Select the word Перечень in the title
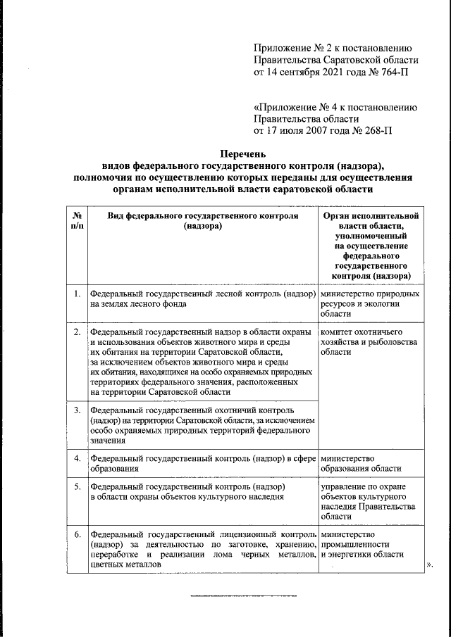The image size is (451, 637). [244, 153]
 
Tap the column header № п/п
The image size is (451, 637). [77, 222]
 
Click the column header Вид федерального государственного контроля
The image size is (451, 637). [202, 222]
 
